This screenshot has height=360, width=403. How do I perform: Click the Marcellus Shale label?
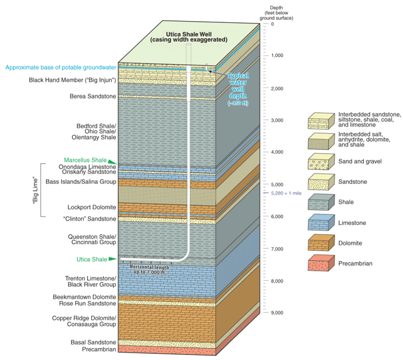(x=91, y=160)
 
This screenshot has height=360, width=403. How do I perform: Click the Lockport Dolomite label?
(x=91, y=207)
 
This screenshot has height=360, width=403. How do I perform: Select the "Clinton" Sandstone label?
(x=89, y=219)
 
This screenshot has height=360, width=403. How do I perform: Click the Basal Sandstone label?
(x=91, y=342)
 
